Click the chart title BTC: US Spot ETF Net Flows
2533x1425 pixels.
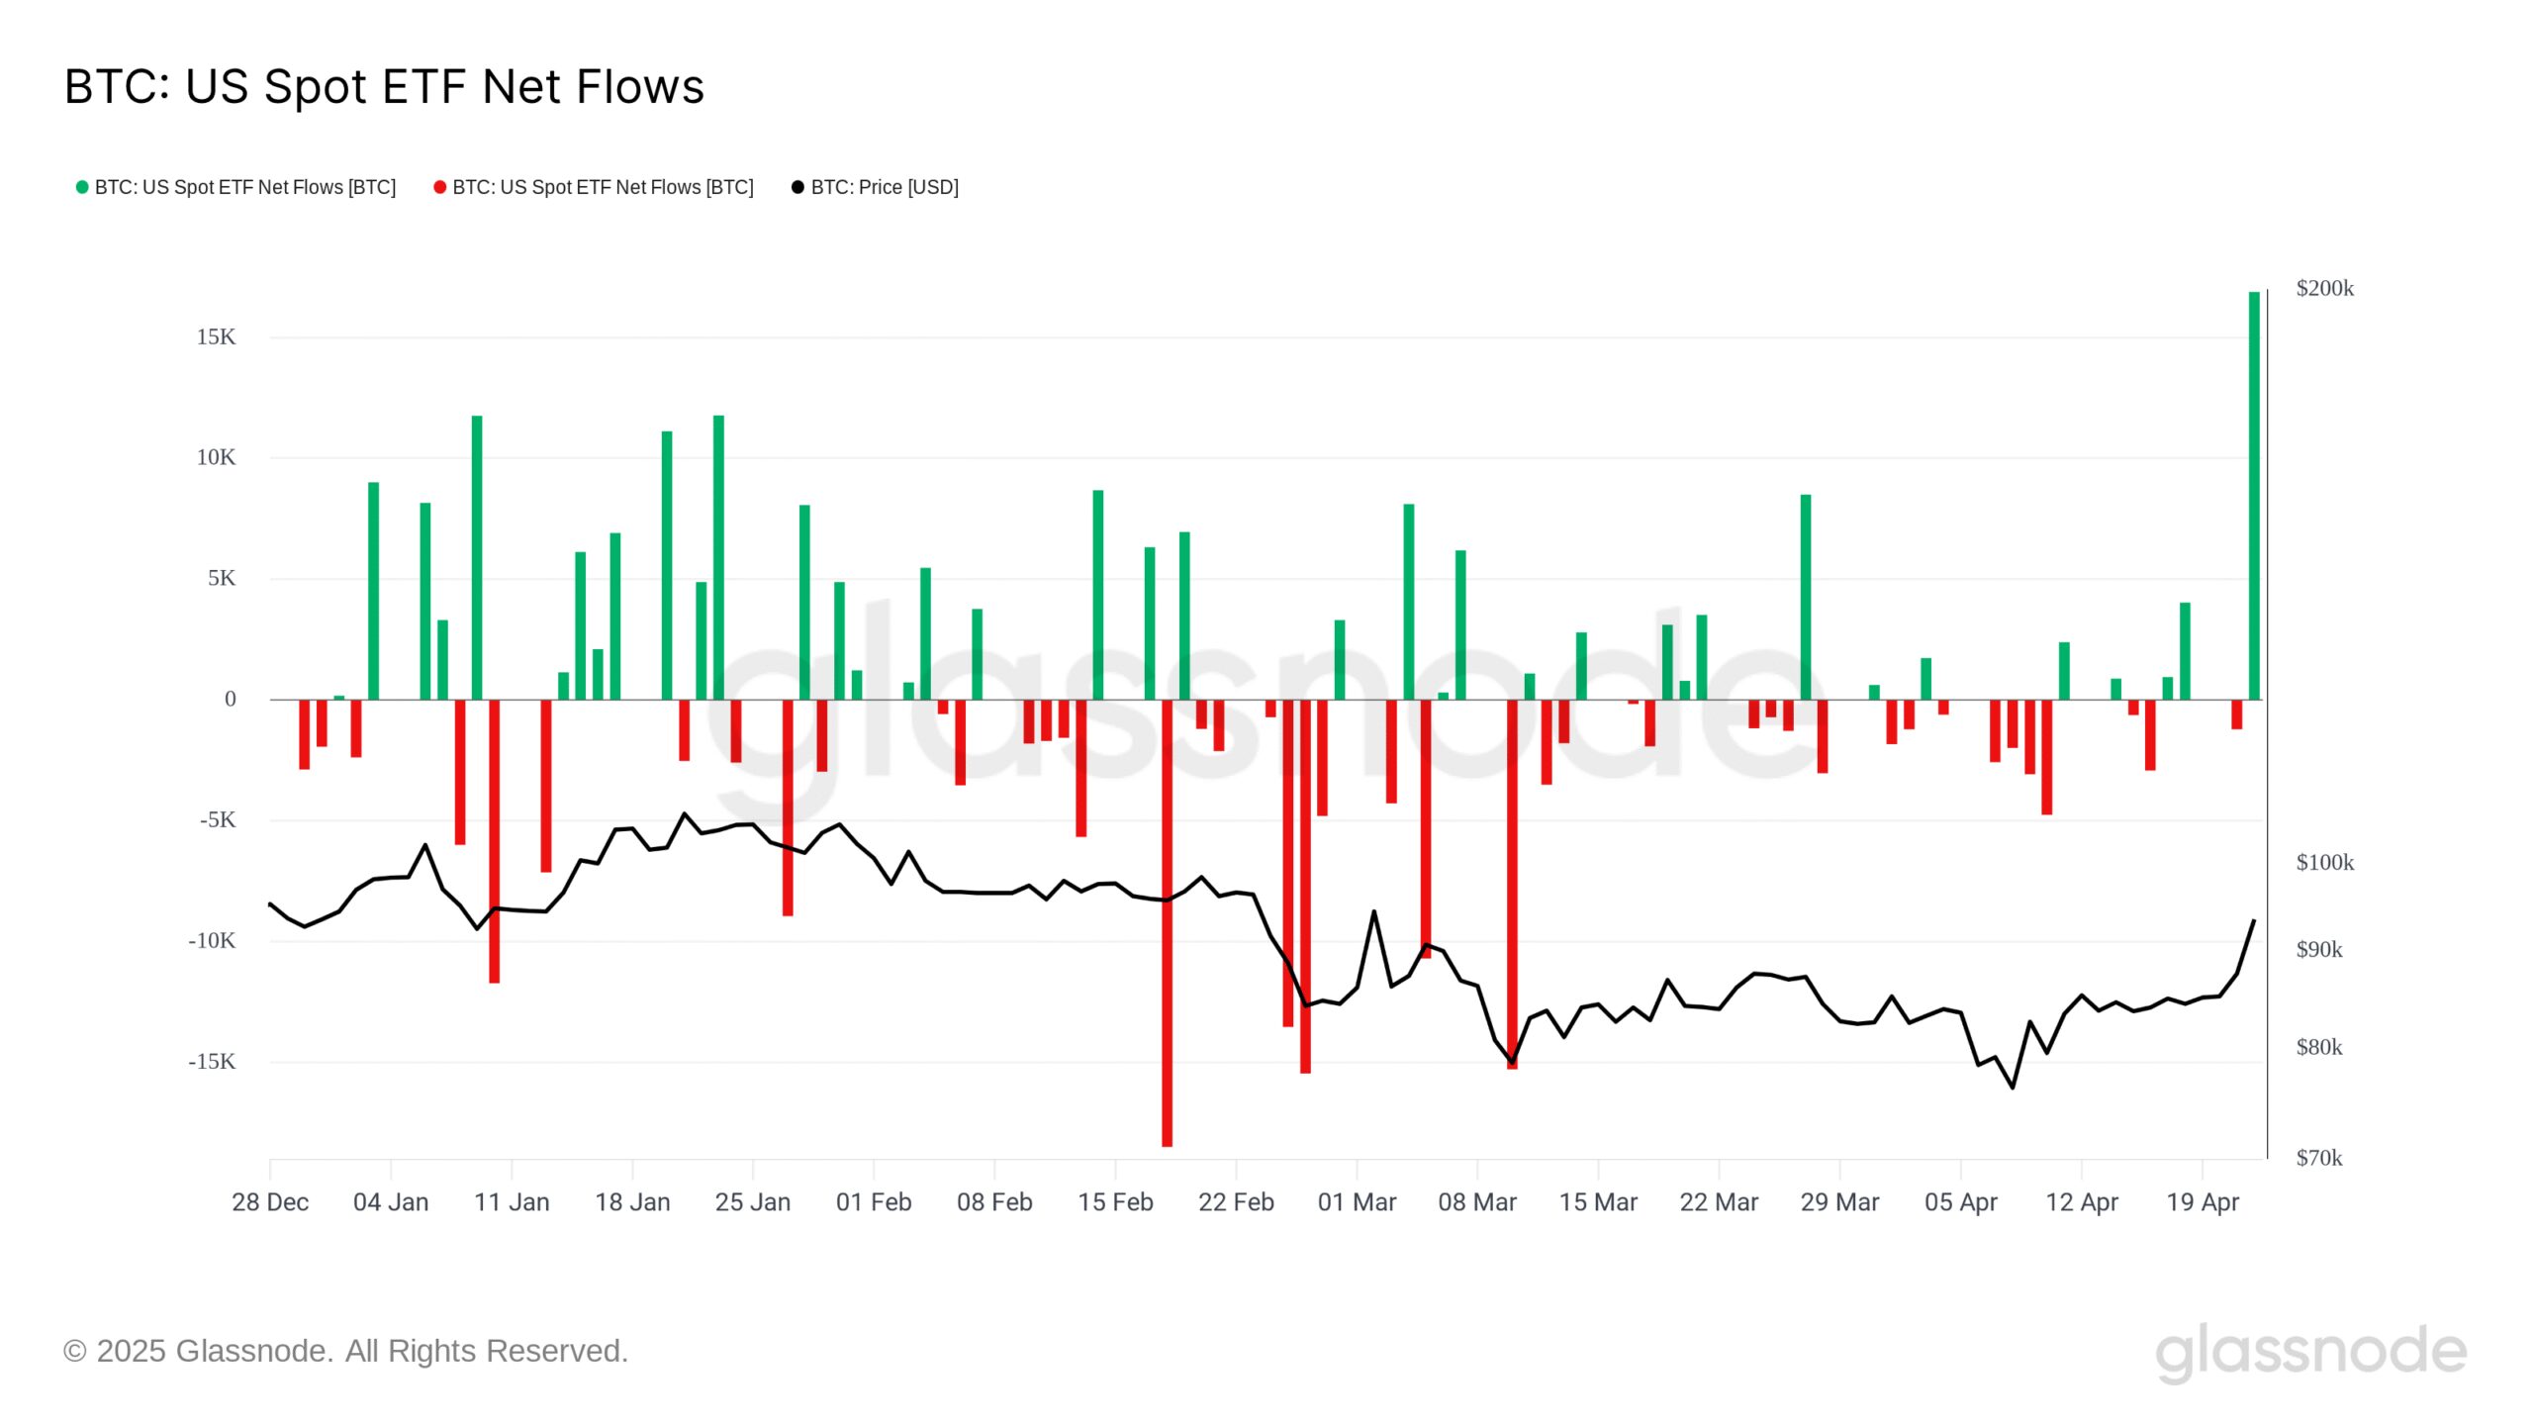[x=384, y=87]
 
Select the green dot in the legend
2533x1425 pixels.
[x=82, y=187]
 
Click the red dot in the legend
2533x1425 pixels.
[x=439, y=187]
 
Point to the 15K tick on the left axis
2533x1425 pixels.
[x=216, y=337]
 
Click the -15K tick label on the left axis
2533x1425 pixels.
[x=212, y=1062]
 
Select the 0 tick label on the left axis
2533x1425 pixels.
[x=230, y=700]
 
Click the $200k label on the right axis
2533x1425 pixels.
[x=2324, y=289]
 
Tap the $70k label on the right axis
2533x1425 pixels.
[x=2318, y=1158]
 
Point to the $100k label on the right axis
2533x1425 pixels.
[x=2324, y=863]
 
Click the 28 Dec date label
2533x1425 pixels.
[x=270, y=1202]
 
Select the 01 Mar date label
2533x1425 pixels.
[x=1357, y=1202]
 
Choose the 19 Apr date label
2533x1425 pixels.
[x=2203, y=1202]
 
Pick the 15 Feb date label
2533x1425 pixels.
[x=1115, y=1202]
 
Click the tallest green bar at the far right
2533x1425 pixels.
[x=2254, y=495]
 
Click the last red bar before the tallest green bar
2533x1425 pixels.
[x=2236, y=714]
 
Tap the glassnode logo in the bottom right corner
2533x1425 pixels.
[x=2310, y=1352]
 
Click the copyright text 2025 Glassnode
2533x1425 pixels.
[x=345, y=1352]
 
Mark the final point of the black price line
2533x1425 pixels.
[x=2254, y=921]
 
